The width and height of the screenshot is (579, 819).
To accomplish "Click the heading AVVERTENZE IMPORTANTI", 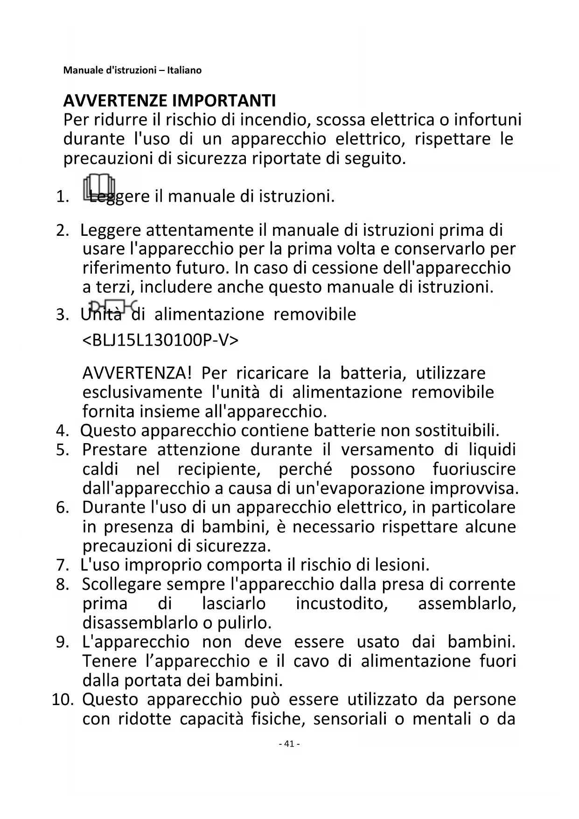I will tap(169, 100).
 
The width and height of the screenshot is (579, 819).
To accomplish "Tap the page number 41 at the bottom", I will tap(289, 744).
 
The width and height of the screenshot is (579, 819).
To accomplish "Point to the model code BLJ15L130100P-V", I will tap(160, 340).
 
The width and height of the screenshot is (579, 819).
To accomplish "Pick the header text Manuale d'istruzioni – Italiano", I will tap(133, 71).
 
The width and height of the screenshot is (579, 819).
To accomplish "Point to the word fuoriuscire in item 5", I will tap(474, 469).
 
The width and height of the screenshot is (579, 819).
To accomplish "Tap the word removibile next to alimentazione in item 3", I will tap(314, 314).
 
